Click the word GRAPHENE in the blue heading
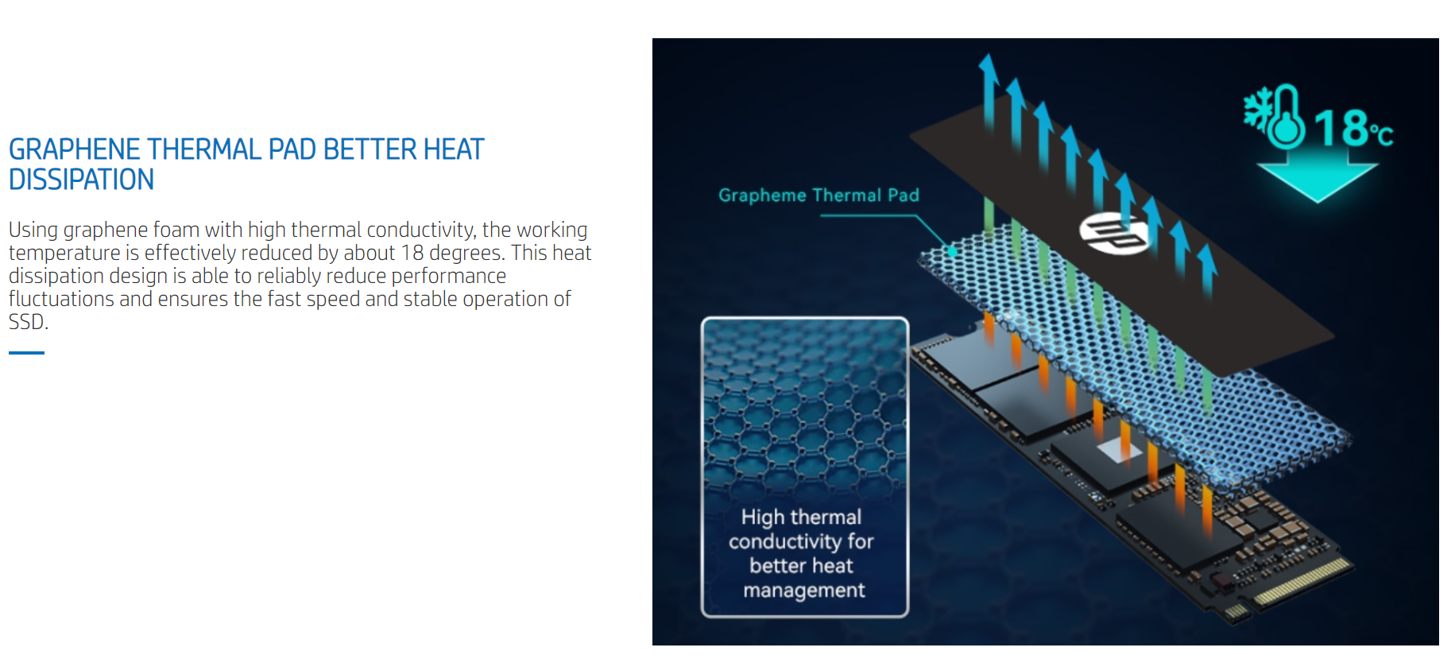[x=74, y=149]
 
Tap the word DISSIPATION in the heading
[x=81, y=180]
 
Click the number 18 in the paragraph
[x=412, y=253]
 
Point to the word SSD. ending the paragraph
[x=29, y=322]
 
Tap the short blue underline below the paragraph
[x=26, y=352]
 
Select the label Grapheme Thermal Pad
[x=818, y=196]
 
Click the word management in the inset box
[x=804, y=591]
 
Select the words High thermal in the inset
[x=801, y=518]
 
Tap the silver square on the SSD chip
[x=1120, y=450]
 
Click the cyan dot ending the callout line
[x=951, y=252]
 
